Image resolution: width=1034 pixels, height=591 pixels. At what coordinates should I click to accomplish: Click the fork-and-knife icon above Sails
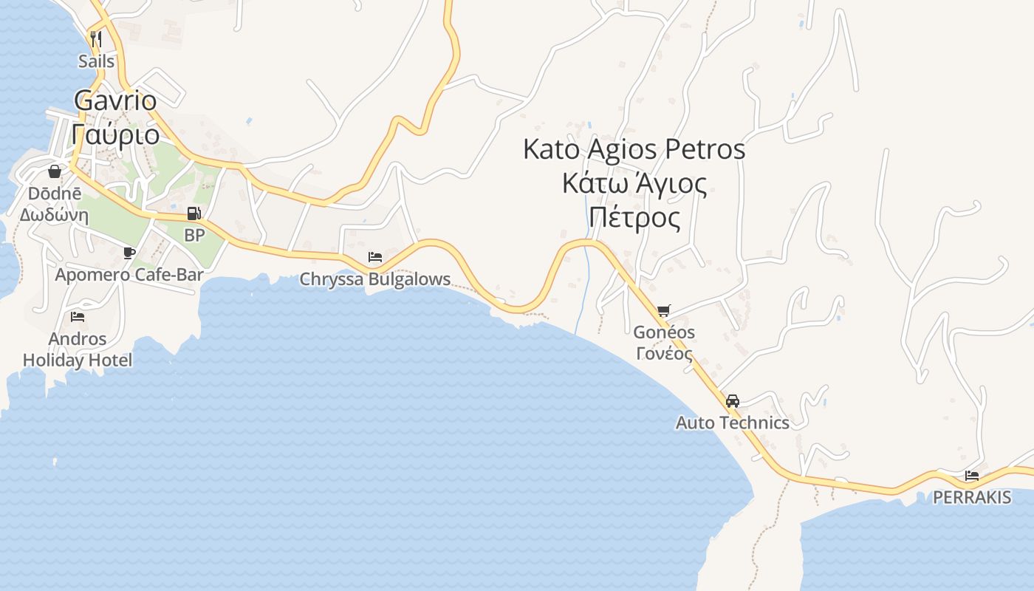[x=95, y=38]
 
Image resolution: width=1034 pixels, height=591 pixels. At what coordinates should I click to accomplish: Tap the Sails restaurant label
[x=97, y=61]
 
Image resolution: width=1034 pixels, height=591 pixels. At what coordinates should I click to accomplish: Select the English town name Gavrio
[x=115, y=100]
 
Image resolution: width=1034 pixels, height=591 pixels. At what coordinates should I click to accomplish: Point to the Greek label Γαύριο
[x=116, y=134]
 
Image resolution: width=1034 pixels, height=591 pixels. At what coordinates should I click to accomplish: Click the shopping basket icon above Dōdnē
[x=55, y=172]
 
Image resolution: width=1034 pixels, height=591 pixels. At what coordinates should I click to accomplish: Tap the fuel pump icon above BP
[x=194, y=214]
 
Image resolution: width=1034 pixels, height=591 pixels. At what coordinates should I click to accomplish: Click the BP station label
[x=194, y=236]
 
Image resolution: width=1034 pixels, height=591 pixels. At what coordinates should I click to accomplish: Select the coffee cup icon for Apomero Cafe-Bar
[x=129, y=253]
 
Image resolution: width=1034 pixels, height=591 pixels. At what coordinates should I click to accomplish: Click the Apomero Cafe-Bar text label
[x=129, y=275]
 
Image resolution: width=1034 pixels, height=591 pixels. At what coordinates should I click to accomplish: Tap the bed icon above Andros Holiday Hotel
[x=78, y=317]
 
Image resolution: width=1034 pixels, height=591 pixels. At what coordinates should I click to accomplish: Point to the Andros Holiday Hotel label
[x=78, y=349]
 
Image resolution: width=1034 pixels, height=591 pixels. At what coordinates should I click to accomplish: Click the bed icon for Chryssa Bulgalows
[x=375, y=257]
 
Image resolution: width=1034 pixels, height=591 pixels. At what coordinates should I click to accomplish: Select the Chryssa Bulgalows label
[x=374, y=279]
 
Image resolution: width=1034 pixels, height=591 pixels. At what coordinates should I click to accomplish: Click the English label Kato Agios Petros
[x=634, y=149]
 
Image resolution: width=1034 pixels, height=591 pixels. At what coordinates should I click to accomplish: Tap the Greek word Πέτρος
[x=634, y=218]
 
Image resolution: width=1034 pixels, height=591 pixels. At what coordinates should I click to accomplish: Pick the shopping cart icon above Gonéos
[x=663, y=311]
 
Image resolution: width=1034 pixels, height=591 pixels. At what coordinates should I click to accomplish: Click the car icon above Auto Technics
[x=732, y=401]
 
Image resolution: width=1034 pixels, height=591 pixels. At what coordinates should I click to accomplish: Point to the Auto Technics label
[x=732, y=423]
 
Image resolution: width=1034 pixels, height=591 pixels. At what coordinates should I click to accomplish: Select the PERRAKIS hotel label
[x=972, y=497]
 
